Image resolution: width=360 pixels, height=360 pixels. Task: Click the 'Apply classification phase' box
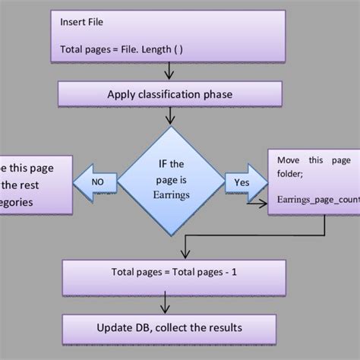[169, 96]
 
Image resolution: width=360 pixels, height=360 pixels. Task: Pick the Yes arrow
[241, 183]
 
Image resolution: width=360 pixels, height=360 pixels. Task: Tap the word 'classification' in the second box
[175, 96]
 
